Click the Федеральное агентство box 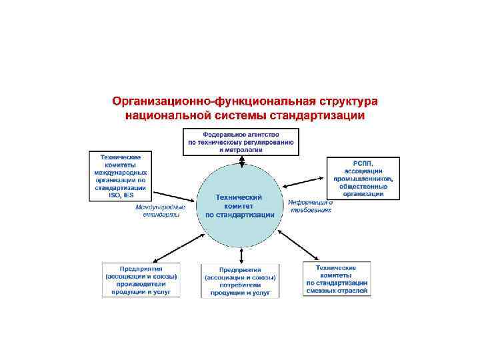click(x=241, y=141)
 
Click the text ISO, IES click(x=121, y=195)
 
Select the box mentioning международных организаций click(x=121, y=176)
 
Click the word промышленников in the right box click(x=363, y=179)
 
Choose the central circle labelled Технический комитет click(x=240, y=207)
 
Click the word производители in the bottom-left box click(x=139, y=283)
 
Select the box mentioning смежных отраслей click(x=337, y=279)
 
